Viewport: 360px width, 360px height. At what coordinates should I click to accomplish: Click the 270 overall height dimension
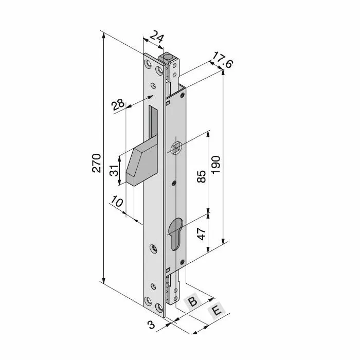pos(97,163)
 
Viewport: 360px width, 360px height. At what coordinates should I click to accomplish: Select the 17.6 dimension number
pos(222,60)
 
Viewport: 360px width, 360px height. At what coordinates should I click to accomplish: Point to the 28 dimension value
pos(118,105)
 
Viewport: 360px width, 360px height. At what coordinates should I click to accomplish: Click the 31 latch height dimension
pos(114,170)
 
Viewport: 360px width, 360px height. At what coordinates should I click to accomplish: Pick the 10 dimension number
pos(117,202)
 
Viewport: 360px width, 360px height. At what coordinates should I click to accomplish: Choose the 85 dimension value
pos(202,176)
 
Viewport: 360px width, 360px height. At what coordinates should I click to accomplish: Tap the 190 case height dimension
pos(216,165)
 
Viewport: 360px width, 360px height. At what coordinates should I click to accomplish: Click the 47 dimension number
pos(202,233)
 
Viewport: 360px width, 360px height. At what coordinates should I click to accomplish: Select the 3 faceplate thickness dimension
pos(152,325)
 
